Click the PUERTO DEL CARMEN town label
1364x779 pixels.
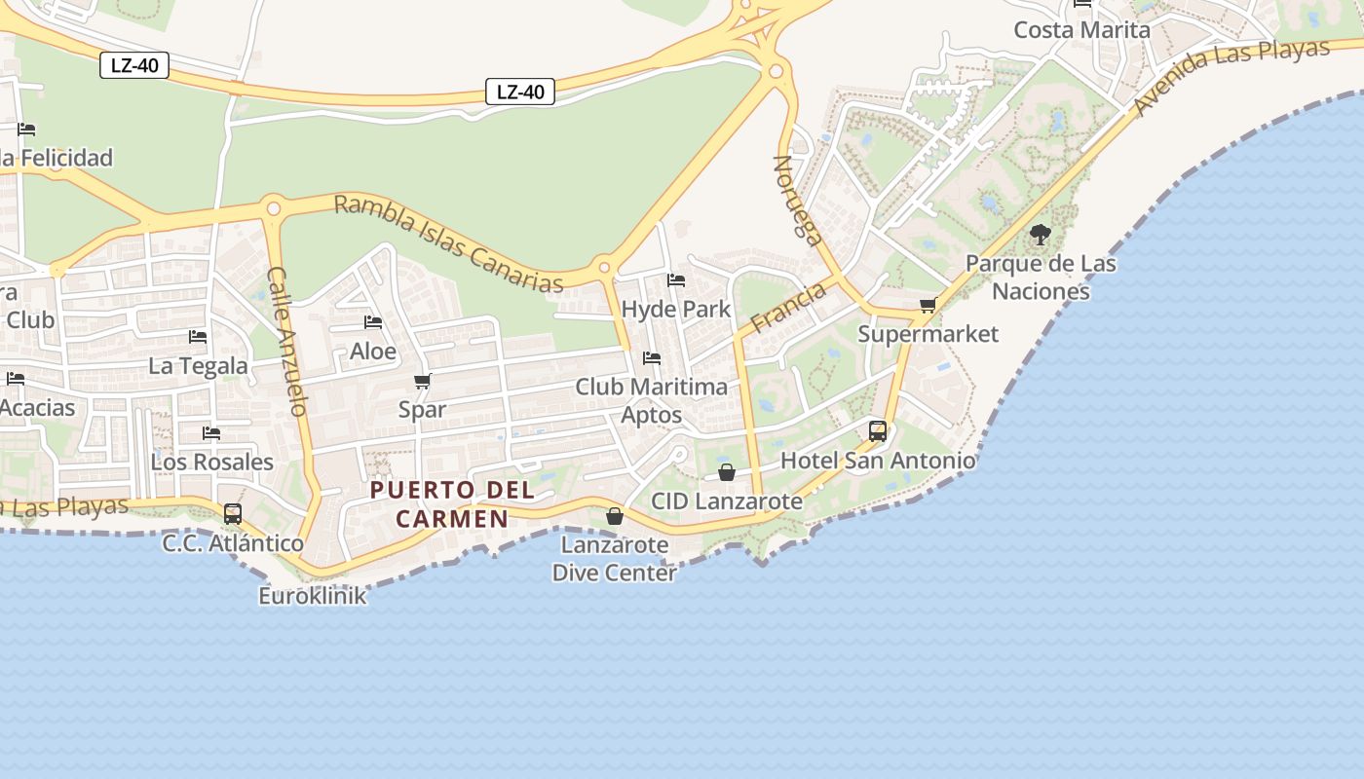[453, 503]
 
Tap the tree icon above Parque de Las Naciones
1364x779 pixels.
[1041, 235]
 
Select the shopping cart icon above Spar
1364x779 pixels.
[422, 381]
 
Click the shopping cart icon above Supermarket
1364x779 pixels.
[928, 306]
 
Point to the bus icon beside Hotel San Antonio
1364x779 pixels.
[878, 430]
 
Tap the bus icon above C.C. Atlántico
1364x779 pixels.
[232, 513]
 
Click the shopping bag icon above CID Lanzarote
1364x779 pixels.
[727, 472]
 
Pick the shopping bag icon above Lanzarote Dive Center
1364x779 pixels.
[615, 516]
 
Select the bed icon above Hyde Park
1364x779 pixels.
[676, 280]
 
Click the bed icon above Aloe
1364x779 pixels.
[373, 322]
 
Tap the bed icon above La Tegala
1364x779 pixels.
[198, 337]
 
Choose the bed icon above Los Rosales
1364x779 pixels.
[211, 432]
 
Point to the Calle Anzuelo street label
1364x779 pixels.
[288, 341]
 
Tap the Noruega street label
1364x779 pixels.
[798, 200]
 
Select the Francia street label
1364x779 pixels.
[788, 308]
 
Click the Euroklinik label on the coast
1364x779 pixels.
[312, 595]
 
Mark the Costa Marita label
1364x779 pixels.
[1081, 30]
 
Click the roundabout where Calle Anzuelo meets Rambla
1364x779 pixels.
[274, 207]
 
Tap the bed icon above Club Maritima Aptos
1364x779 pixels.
[652, 358]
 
